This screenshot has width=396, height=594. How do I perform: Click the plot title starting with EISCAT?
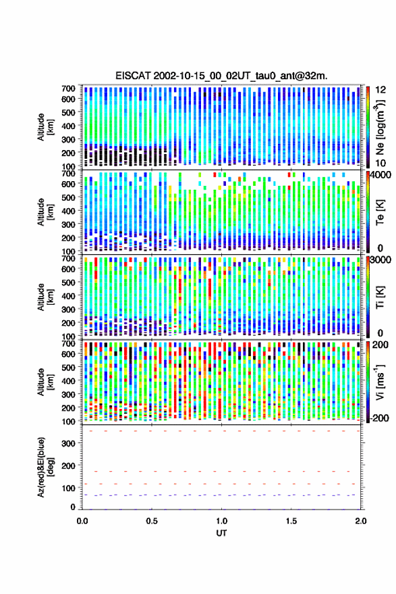(221, 76)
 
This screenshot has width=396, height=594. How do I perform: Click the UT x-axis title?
(221, 533)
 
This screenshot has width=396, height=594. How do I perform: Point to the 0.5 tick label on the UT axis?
(152, 521)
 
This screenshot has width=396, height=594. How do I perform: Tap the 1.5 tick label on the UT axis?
(291, 521)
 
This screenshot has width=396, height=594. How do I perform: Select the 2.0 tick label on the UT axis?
(361, 521)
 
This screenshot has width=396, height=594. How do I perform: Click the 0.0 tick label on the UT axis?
(82, 521)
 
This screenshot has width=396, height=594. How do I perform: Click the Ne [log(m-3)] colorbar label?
(380, 126)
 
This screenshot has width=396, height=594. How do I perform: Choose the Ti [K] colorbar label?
(380, 297)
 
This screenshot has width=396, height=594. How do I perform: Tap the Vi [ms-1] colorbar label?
(380, 382)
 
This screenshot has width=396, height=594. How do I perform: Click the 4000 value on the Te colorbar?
(382, 176)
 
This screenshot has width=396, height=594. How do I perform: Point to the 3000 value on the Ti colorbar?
(382, 260)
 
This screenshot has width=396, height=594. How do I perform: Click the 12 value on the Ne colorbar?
(380, 89)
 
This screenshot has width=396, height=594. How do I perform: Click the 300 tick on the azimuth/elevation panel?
(68, 443)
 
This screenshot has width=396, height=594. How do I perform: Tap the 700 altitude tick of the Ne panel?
(68, 89)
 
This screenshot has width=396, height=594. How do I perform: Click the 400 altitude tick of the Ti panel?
(68, 296)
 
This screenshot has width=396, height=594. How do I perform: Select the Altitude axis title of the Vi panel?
(46, 382)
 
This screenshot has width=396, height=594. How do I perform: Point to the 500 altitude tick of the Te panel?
(68, 197)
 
